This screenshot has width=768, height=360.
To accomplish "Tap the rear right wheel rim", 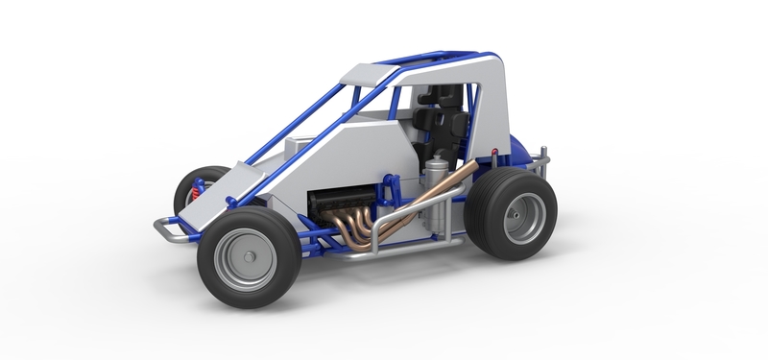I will (x=525, y=216).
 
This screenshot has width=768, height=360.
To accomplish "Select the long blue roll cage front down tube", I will (x=288, y=134).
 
